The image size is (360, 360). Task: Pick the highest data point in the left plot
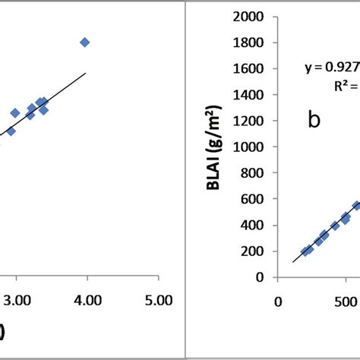point(84,43)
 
